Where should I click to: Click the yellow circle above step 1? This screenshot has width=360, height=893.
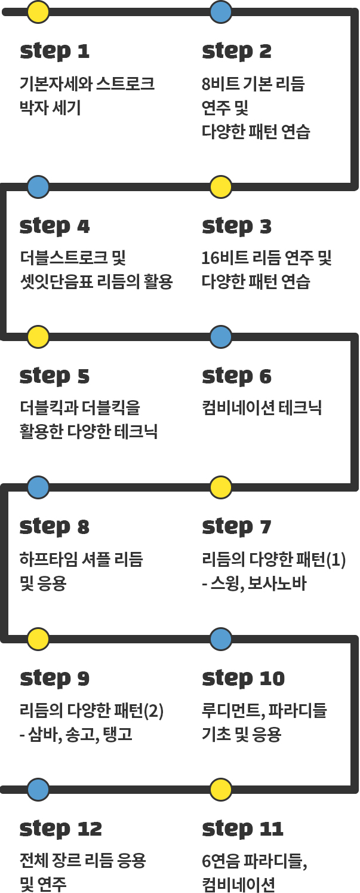[38, 11]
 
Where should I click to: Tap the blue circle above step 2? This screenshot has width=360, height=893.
[221, 11]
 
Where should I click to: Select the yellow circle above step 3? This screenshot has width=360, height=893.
[221, 186]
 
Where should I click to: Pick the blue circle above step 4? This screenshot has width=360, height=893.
[38, 186]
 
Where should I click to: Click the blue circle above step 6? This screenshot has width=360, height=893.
[221, 337]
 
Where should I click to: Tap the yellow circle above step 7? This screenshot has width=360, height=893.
[221, 487]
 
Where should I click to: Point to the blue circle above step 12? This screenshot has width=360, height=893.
[38, 790]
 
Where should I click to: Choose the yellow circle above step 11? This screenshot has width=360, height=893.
[221, 790]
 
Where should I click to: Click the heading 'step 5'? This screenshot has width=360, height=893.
[54, 377]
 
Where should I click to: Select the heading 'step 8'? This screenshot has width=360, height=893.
[54, 527]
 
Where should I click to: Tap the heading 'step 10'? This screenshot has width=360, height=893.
[244, 679]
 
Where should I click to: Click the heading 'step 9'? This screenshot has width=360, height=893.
[54, 679]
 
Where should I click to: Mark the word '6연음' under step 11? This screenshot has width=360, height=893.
[221, 861]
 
